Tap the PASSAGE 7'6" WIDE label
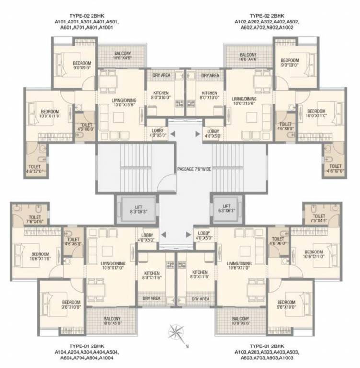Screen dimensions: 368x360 [194, 169]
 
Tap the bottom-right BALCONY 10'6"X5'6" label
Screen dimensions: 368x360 [240, 321]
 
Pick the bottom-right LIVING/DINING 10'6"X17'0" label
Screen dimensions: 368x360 [239, 266]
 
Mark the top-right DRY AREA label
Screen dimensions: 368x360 [210, 75]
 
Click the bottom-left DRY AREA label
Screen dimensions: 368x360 [151, 299]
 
